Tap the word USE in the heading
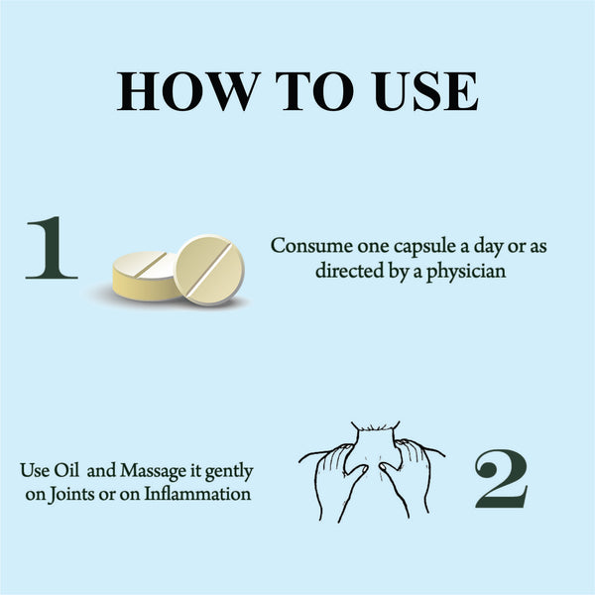(424, 91)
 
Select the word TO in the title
(315, 91)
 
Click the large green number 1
(52, 248)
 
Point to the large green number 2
(501, 479)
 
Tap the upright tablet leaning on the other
(209, 270)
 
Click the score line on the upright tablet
(209, 270)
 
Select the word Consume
(311, 246)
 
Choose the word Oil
(66, 470)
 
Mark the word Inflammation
(197, 494)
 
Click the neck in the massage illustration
(376, 442)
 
